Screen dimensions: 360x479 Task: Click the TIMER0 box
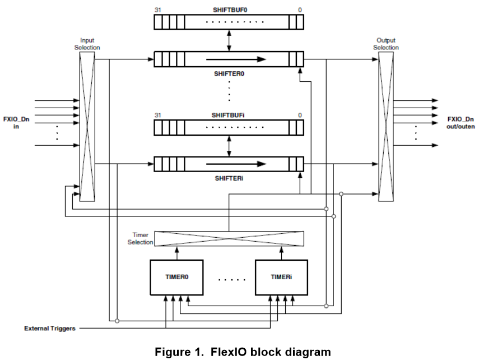point(176,277)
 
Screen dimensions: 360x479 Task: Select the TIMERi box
point(282,277)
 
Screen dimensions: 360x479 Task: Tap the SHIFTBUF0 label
point(229,10)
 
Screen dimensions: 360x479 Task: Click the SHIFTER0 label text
point(229,73)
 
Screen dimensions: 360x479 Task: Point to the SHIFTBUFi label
point(229,115)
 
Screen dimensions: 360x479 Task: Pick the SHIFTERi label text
point(229,178)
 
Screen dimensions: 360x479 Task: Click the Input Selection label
point(87,44)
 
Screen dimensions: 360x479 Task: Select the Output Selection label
point(386,44)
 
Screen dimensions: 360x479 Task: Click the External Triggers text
point(50,328)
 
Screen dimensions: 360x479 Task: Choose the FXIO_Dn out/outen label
point(461,123)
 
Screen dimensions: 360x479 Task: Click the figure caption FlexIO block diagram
point(243,352)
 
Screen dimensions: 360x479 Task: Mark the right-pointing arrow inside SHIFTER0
point(235,59)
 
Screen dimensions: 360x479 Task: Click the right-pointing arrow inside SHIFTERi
point(235,164)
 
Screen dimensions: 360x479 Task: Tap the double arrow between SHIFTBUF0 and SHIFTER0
point(229,40)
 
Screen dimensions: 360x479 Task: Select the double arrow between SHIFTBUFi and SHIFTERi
point(229,146)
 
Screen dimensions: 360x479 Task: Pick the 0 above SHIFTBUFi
point(300,115)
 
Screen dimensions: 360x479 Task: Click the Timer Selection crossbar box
point(229,239)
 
